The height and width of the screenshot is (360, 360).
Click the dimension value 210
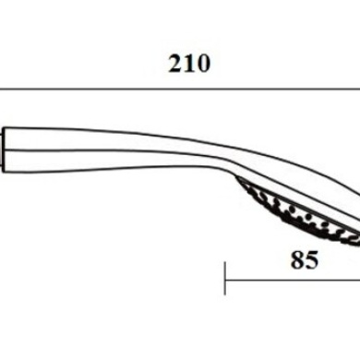click(x=189, y=64)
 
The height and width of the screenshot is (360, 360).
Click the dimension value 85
click(x=305, y=235)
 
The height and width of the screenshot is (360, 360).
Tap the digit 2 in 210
click(x=176, y=64)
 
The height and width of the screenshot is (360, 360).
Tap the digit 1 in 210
click(x=189, y=64)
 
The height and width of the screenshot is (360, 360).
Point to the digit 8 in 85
click(x=298, y=235)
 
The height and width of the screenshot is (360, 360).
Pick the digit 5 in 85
click(x=311, y=235)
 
